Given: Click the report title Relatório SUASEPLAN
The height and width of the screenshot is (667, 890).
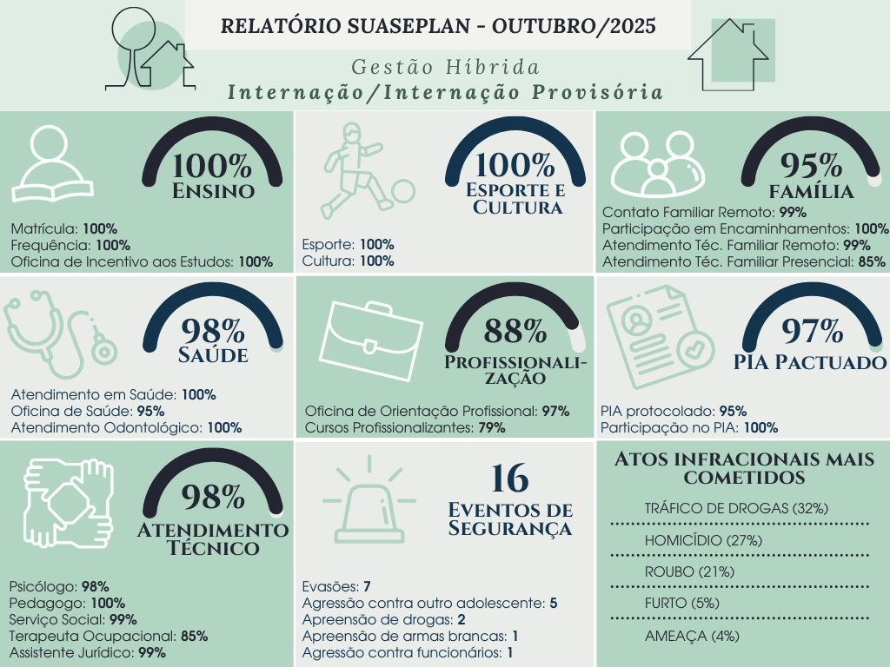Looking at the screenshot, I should tap(438, 25).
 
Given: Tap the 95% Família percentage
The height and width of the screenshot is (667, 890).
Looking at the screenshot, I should tap(811, 164).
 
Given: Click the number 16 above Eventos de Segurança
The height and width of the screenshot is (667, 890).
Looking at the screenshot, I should tap(510, 478).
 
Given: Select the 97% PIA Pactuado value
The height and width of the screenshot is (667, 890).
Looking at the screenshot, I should tap(813, 331).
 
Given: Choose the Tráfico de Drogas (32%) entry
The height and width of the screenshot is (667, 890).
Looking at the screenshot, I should tap(735, 508).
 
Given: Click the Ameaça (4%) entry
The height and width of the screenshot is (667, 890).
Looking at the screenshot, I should tap(692, 636).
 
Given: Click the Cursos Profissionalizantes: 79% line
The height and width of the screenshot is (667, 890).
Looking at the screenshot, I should tap(405, 427).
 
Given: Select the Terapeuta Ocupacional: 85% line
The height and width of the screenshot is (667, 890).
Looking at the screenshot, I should tap(109, 636).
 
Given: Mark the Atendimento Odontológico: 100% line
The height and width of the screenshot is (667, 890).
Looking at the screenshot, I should tap(127, 427).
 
